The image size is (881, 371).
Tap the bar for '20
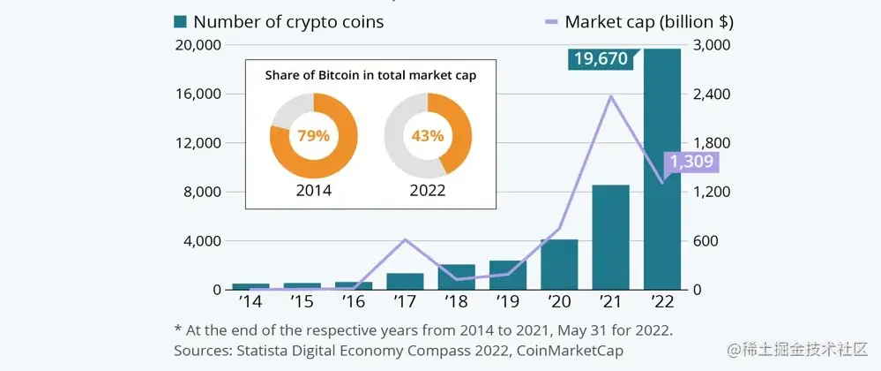[x=558, y=264]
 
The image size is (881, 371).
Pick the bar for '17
[x=405, y=281]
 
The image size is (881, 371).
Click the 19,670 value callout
[x=600, y=59]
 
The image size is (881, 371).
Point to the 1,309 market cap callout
[x=693, y=163]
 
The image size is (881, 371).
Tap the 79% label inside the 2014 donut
[x=314, y=136]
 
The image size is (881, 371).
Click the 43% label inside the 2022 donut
[x=428, y=136]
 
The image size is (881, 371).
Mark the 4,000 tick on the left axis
[x=201, y=240]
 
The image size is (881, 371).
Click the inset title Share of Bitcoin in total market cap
[x=370, y=75]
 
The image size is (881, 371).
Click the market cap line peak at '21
[x=610, y=95]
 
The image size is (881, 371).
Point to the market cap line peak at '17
[x=405, y=239]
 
